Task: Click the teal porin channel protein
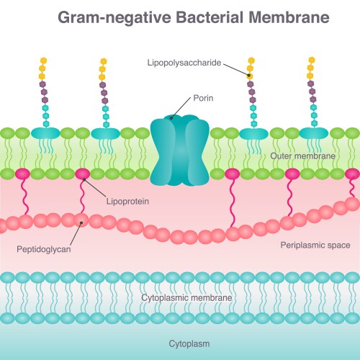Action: [x=179, y=151]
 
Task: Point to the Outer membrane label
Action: [x=302, y=156]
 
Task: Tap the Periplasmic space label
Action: [x=315, y=246]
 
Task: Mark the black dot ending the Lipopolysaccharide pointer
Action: [x=249, y=75]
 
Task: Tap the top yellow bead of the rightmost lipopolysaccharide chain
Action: [x=311, y=60]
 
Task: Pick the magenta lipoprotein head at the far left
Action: [x=22, y=174]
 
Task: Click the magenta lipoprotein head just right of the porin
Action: [x=232, y=174]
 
